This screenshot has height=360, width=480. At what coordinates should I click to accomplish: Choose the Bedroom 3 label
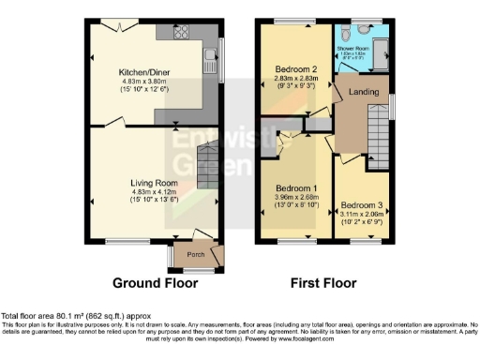361,205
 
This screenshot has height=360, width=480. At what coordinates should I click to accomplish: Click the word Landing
364,92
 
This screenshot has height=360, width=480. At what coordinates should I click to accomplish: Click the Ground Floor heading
155,282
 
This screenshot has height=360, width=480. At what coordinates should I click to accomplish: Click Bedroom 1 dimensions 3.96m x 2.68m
296,198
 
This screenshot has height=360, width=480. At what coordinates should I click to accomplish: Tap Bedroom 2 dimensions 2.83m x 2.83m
296,79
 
